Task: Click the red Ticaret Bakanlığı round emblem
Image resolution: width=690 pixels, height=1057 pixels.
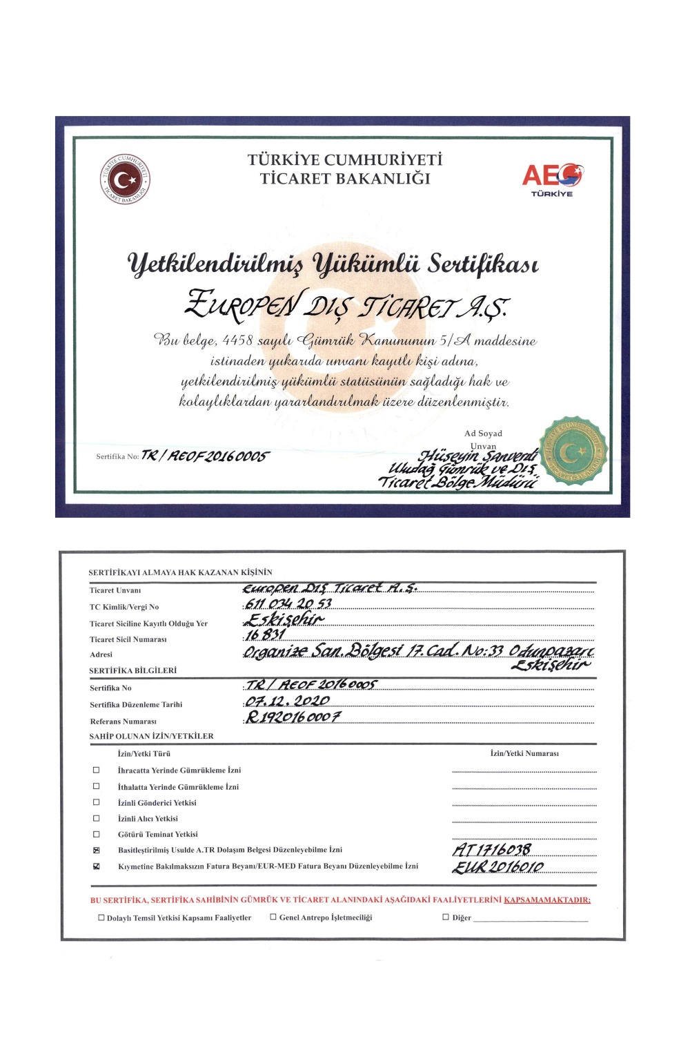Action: [x=124, y=180]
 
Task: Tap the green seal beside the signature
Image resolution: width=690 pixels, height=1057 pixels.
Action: [x=573, y=450]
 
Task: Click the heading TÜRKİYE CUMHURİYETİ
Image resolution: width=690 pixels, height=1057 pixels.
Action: [x=345, y=160]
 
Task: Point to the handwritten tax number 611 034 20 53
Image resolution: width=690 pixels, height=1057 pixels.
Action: [x=288, y=603]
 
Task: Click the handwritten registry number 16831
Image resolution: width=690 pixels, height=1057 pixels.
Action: [x=266, y=634]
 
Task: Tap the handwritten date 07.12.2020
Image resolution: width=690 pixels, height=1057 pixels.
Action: [x=287, y=701]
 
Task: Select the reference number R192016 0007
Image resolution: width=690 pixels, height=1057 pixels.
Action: [x=293, y=717]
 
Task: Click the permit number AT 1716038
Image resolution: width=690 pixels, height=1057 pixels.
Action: [x=491, y=849]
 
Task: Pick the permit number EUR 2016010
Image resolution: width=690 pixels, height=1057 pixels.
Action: [x=497, y=866]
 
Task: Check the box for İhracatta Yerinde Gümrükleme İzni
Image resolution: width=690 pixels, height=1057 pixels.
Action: [x=97, y=770]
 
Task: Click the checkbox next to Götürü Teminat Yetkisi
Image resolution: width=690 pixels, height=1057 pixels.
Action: [x=97, y=834]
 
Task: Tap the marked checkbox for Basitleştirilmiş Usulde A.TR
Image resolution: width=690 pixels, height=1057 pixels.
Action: [x=97, y=850]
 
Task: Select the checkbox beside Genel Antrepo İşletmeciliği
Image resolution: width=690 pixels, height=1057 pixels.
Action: [x=273, y=917]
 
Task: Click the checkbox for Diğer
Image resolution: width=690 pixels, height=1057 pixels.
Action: [x=446, y=918]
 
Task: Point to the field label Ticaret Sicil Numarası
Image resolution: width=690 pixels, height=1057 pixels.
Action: [x=128, y=639]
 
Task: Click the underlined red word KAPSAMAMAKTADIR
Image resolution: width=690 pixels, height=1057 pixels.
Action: [x=547, y=900]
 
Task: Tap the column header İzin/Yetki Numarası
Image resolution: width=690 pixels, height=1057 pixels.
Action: [x=524, y=753]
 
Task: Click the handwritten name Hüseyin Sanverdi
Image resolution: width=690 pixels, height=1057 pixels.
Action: [x=479, y=456]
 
